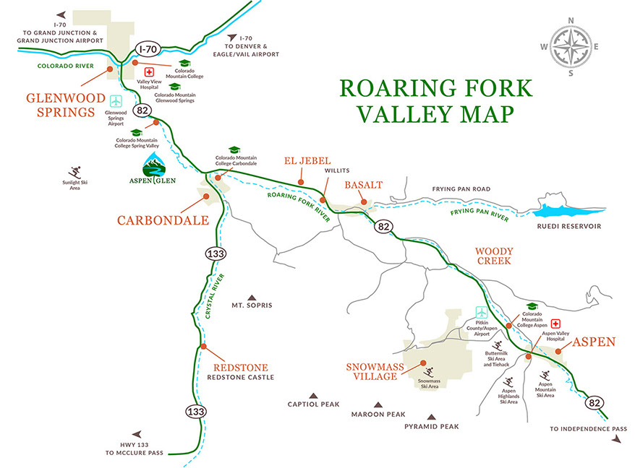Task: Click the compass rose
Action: pos(571,45)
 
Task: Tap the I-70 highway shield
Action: pos(147,49)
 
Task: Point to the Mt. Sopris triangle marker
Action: pos(252,297)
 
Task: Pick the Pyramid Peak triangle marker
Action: pos(432,417)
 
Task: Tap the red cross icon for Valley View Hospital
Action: pos(150,72)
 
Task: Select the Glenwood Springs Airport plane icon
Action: pos(116,100)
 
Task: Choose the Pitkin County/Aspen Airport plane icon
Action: pos(482,311)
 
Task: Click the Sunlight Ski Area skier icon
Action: pos(75,173)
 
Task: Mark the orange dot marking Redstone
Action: pos(203,347)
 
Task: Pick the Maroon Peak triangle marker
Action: pos(377,405)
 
